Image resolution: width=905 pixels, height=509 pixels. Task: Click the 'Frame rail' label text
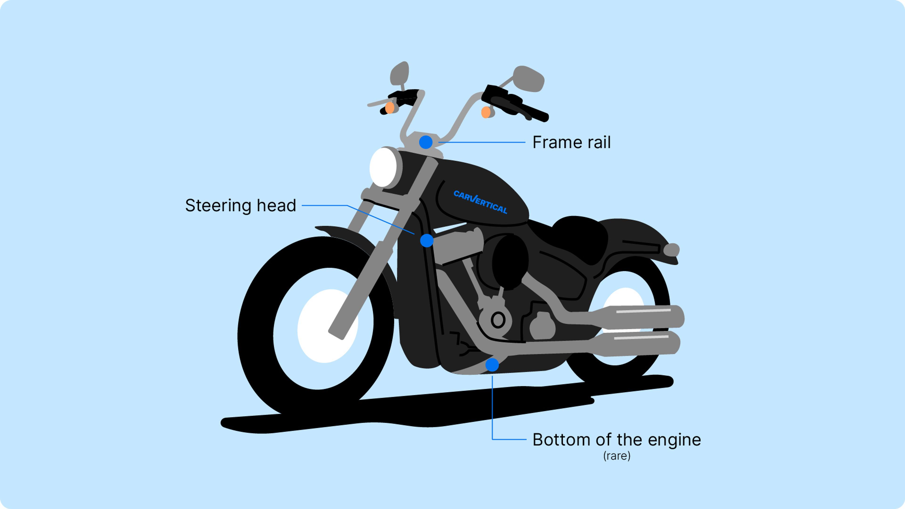(x=571, y=142)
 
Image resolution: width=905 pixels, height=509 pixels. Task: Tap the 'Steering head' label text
(x=241, y=205)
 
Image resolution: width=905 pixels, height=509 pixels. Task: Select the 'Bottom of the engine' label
(x=617, y=439)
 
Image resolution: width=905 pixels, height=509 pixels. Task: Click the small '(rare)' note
(x=617, y=456)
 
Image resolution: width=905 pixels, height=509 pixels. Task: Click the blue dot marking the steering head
(x=427, y=241)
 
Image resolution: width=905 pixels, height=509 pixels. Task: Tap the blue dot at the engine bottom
(x=492, y=365)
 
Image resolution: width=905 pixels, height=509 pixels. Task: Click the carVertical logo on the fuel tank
(x=480, y=202)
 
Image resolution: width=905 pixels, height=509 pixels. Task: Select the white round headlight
(x=383, y=167)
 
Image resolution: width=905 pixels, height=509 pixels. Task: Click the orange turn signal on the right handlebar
(x=486, y=112)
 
